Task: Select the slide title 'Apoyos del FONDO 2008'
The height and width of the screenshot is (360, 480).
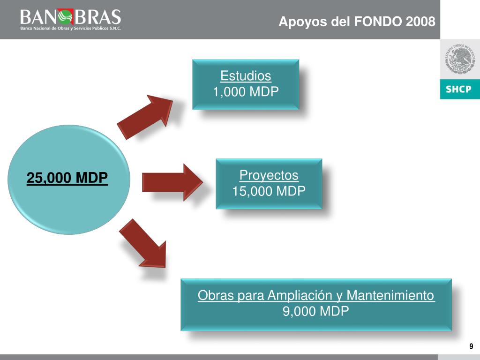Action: (x=357, y=22)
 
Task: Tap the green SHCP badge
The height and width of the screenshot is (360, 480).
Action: (x=459, y=89)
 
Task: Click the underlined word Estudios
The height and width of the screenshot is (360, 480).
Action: (x=246, y=76)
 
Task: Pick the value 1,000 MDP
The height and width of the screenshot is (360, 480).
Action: (x=246, y=92)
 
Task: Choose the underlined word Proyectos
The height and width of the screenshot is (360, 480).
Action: (x=269, y=175)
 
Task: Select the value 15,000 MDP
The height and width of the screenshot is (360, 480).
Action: (x=269, y=191)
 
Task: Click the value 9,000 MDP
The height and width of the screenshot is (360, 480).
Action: (x=316, y=311)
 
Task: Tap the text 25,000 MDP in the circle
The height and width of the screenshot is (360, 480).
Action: (x=67, y=178)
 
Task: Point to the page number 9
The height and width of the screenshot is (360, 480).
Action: (x=471, y=346)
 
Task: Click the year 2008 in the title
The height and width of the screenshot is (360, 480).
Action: (x=420, y=22)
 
